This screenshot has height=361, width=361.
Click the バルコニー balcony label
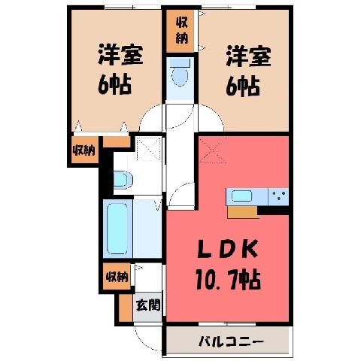point(231,341)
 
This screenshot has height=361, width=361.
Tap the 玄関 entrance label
point(148,305)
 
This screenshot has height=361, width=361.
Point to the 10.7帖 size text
point(228,279)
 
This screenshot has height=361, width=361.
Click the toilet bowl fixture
point(180,73)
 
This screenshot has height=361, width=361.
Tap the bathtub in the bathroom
point(117,228)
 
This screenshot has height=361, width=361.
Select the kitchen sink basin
point(241,196)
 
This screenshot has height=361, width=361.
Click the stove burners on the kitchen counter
point(278,196)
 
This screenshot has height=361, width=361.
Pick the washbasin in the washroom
point(123,179)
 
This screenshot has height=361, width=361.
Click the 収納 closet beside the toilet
point(181,31)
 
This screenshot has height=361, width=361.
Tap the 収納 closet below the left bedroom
point(84,150)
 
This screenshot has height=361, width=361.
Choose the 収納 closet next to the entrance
point(117,277)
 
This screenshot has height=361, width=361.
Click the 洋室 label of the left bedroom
point(120,55)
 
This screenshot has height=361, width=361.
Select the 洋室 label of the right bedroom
point(248,56)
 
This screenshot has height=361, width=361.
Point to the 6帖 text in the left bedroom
point(114,84)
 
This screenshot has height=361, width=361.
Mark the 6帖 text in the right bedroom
point(242,86)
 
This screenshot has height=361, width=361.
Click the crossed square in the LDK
point(213,150)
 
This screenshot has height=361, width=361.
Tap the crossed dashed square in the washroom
point(149,149)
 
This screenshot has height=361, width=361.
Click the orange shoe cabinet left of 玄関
point(126,308)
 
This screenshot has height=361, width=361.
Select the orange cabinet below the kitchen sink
point(242,212)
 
